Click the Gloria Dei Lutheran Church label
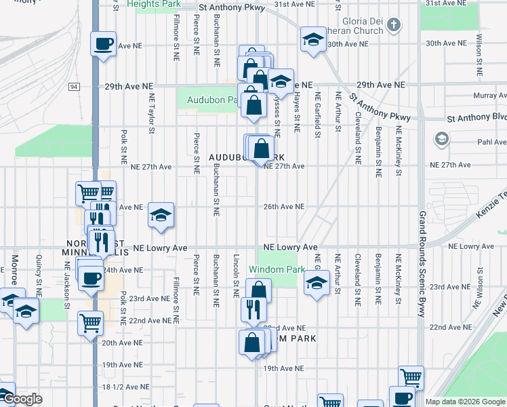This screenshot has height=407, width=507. tap(363, 25)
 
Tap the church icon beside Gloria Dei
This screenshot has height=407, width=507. tap(393, 26)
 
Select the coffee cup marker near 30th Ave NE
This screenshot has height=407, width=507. tap(103, 45)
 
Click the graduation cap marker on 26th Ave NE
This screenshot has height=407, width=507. tap(161, 216)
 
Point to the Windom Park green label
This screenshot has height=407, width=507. tap(276, 269)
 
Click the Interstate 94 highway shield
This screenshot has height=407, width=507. tap(73, 87)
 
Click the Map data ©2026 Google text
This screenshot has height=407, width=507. tap(464, 402)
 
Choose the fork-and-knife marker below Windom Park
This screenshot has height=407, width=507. tap(254, 309)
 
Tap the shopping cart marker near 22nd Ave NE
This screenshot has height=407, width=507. tap(90, 324)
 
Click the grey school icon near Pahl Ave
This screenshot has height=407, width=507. tap(441, 140)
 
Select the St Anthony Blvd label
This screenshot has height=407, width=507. tap(477, 117)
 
